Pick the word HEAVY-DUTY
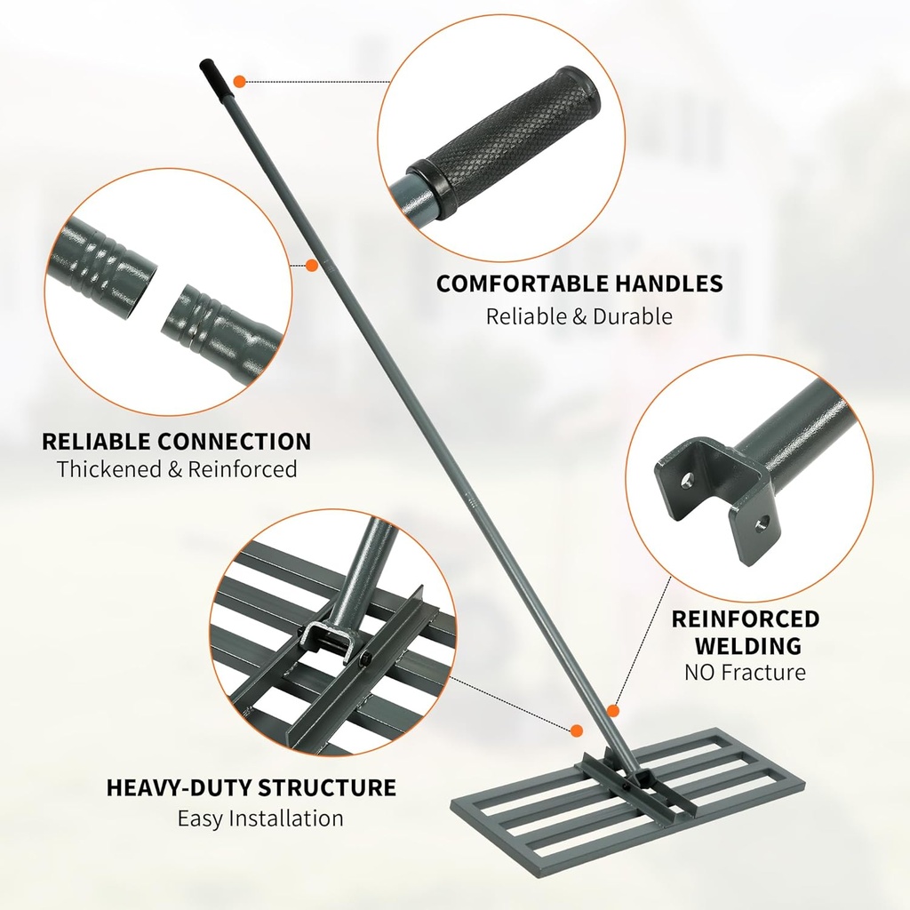pos(179,787)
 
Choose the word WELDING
pos(748,645)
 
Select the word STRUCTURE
pos(327,787)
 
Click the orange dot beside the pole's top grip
pos(239,81)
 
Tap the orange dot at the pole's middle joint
pos(312,265)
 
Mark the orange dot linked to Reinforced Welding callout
pos(612,712)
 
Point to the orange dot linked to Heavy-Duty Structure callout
pos(576,730)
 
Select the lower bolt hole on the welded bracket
pos(762,524)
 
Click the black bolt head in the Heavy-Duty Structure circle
pos(366,660)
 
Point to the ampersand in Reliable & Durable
pos(579,316)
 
